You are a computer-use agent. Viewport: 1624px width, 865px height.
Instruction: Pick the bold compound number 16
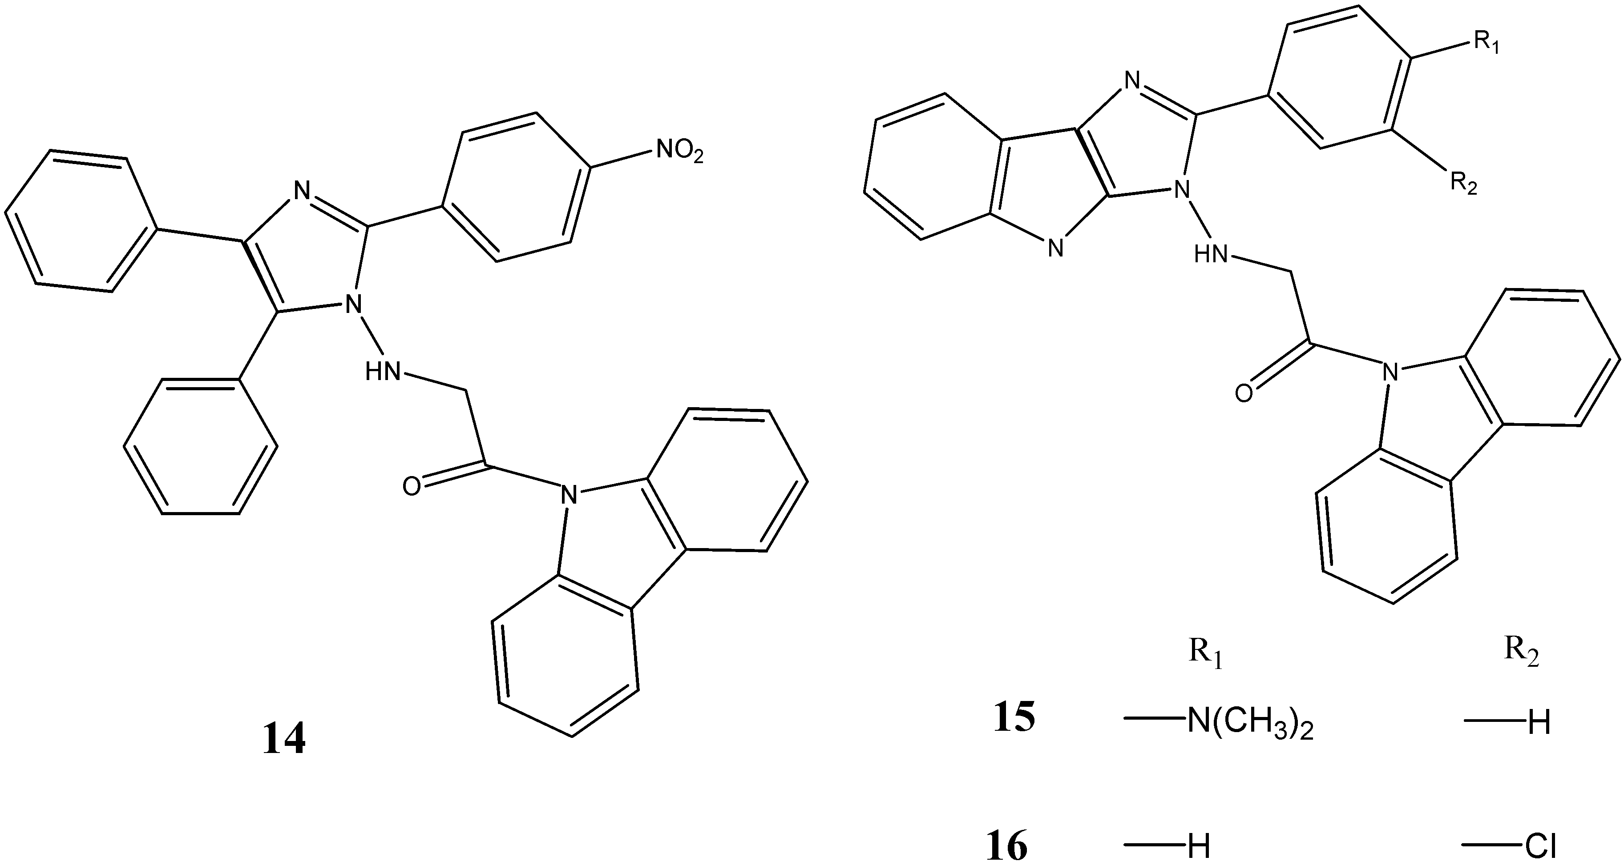(x=1007, y=846)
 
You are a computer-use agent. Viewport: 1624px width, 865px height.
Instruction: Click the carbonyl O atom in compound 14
(x=411, y=486)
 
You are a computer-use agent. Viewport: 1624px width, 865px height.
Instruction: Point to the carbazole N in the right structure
(x=1388, y=372)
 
